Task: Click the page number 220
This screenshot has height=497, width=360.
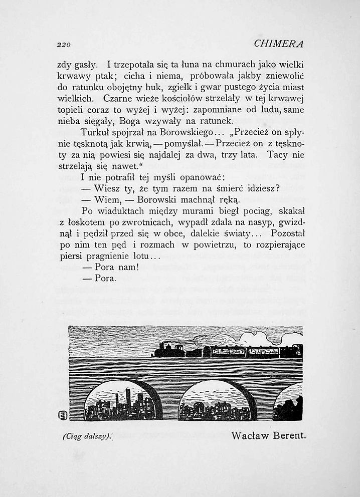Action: coord(63,45)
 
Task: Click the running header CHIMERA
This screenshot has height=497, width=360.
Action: coord(279,44)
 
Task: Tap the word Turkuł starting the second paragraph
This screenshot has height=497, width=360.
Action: coord(95,133)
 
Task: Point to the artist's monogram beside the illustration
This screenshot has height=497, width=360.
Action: coord(63,415)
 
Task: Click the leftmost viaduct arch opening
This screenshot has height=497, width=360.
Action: coord(120,402)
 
